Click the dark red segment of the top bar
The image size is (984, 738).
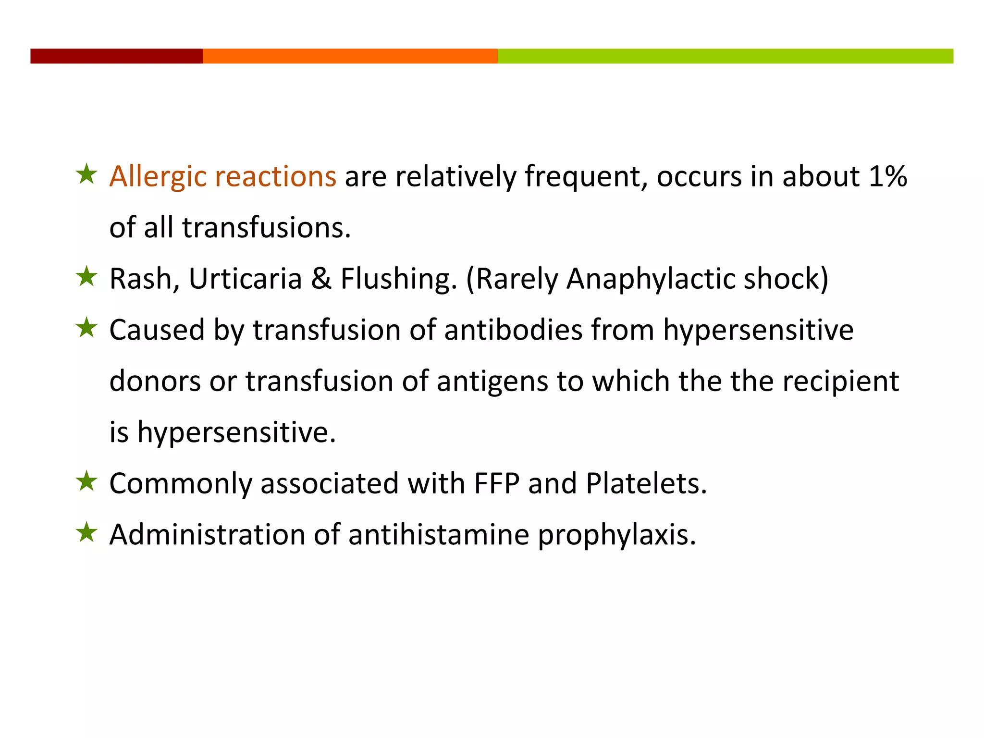click(116, 56)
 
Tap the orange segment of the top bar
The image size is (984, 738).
click(350, 56)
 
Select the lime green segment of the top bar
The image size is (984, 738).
click(725, 56)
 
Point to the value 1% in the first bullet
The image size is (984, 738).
click(888, 176)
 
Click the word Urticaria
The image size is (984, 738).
click(245, 279)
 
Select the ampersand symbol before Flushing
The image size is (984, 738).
click(321, 279)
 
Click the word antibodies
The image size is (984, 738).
click(513, 330)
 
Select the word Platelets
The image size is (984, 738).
click(646, 483)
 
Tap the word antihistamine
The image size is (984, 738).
click(439, 534)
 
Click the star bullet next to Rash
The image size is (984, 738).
click(86, 277)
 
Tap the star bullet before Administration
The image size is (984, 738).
click(86, 532)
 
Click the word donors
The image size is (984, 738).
click(155, 381)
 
